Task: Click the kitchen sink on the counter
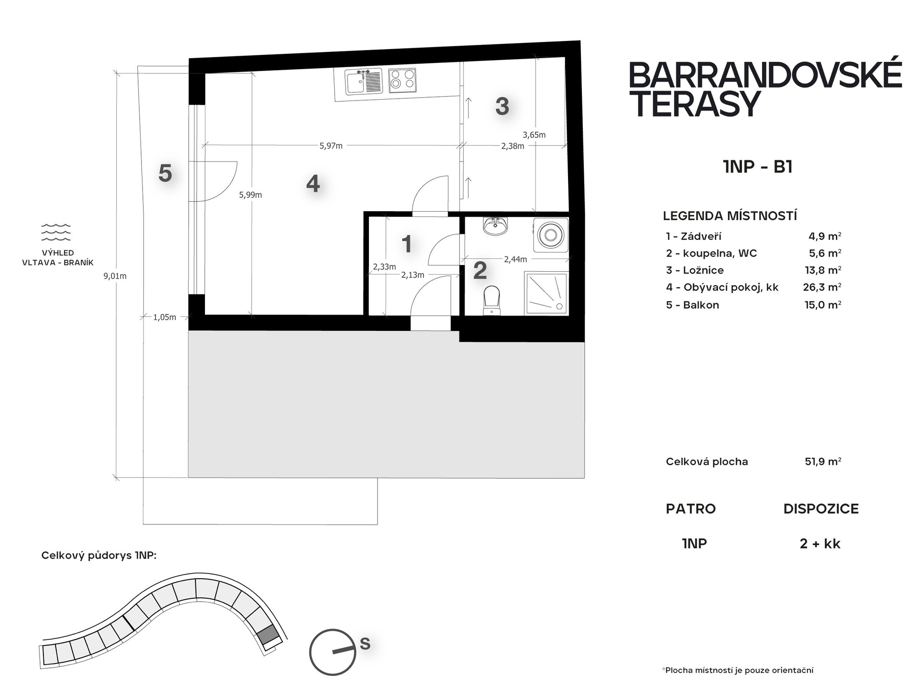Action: click(x=364, y=82)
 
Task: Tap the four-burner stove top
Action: click(x=402, y=81)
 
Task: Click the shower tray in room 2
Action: click(x=546, y=293)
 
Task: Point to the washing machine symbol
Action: click(x=551, y=235)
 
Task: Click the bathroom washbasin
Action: click(x=496, y=225)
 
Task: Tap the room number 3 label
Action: click(x=502, y=106)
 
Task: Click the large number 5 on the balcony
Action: click(x=165, y=173)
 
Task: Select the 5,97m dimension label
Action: click(x=331, y=146)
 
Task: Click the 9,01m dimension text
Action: click(x=115, y=276)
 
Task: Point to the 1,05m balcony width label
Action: click(x=164, y=317)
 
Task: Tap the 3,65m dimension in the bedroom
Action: click(x=534, y=135)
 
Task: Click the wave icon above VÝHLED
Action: click(x=56, y=232)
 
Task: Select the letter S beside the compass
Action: click(x=365, y=644)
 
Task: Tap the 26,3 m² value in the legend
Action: click(x=822, y=287)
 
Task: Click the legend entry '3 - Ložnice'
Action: click(x=695, y=270)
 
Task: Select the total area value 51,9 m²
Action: click(x=823, y=461)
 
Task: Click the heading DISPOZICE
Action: click(x=821, y=509)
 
